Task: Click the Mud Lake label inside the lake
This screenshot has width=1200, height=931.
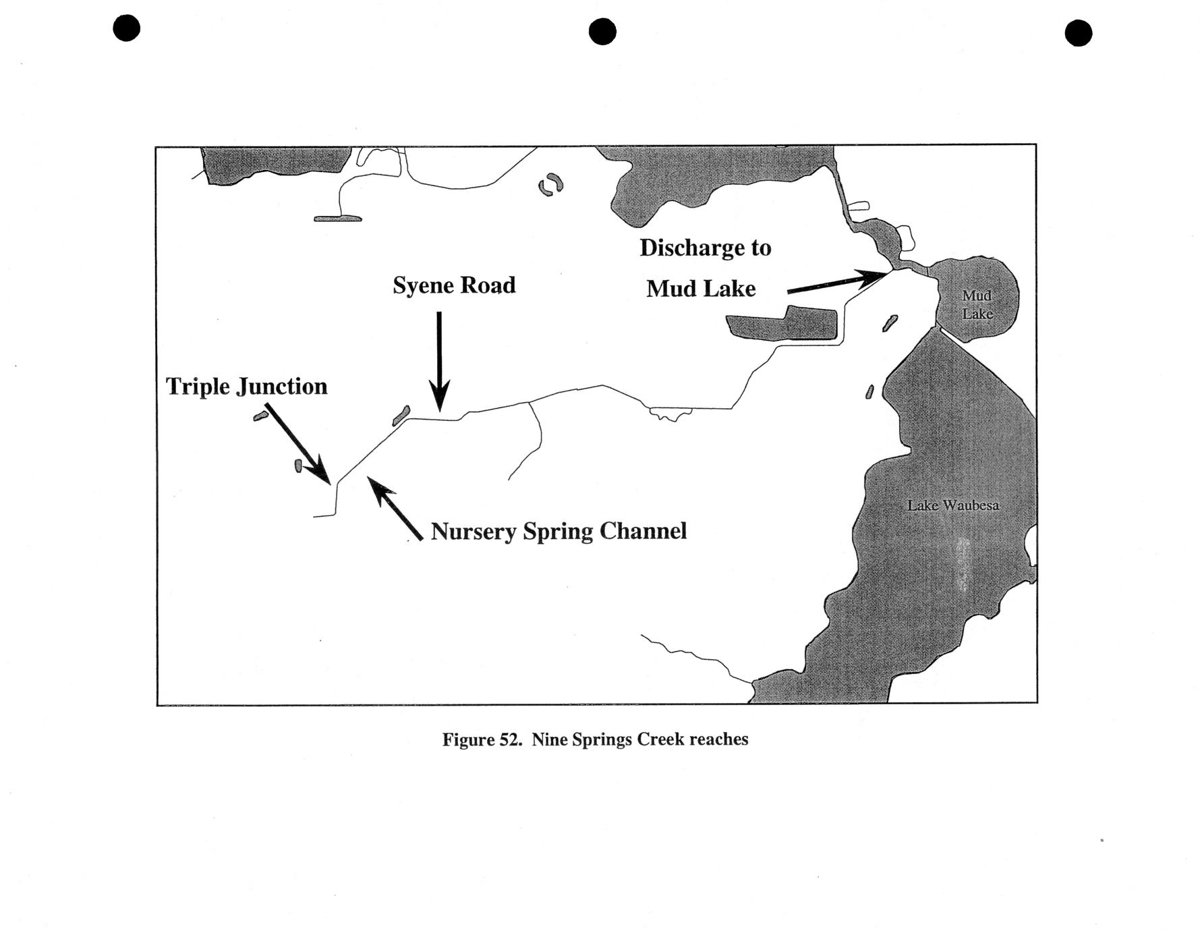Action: pyautogui.click(x=977, y=304)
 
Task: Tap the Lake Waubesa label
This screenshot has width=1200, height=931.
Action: pyautogui.click(x=952, y=505)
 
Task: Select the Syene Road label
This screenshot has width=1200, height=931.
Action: pyautogui.click(x=454, y=285)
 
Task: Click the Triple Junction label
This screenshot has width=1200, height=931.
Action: pyautogui.click(x=247, y=387)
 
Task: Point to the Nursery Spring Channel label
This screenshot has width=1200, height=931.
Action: pyautogui.click(x=559, y=532)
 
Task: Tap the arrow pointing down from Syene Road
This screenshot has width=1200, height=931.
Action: pyautogui.click(x=439, y=362)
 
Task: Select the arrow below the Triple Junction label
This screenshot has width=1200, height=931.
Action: pyautogui.click(x=297, y=444)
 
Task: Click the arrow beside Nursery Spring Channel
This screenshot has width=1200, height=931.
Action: pyautogui.click(x=395, y=508)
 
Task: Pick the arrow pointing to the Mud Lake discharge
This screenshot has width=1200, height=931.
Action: pyautogui.click(x=836, y=282)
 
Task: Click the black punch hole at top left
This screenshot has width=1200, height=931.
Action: pyautogui.click(x=127, y=28)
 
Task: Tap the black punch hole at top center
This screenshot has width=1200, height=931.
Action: pyautogui.click(x=602, y=31)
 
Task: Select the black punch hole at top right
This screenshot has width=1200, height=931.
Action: pyautogui.click(x=1079, y=32)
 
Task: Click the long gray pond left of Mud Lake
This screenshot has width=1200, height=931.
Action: pyautogui.click(x=782, y=323)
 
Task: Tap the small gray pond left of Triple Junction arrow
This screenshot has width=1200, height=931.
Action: pyautogui.click(x=298, y=465)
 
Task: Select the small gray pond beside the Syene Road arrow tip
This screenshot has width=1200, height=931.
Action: pyautogui.click(x=401, y=416)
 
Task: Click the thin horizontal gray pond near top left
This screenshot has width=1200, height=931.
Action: pyautogui.click(x=338, y=219)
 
